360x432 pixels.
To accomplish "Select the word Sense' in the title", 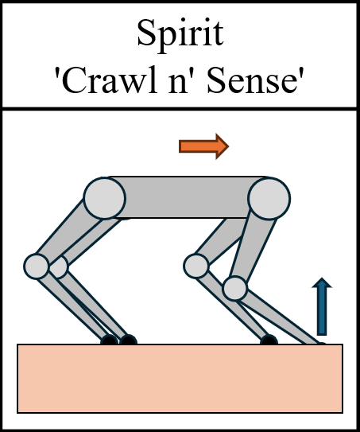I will tap(260, 80).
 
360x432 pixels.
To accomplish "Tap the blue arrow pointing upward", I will tap(320, 306).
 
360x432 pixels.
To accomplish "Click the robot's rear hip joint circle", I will tap(105, 197).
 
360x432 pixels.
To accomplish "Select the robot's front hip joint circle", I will tap(269, 197).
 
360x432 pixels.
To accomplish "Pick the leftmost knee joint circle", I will tap(37, 265).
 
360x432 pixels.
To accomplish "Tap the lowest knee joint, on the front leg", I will tap(234, 287).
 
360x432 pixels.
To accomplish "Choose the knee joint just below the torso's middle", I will tap(195, 265).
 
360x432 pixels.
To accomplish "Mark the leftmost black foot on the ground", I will tap(109, 341).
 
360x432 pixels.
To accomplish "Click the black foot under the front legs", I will tap(269, 341).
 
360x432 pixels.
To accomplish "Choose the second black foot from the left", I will tap(128, 341).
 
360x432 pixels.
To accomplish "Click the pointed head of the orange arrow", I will tap(220, 146).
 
